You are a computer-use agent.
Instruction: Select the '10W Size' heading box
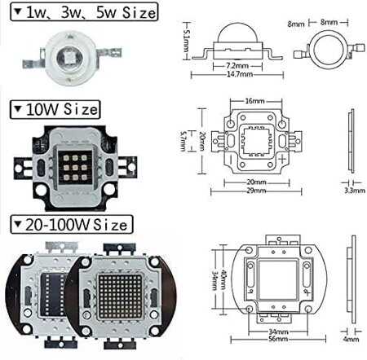(x=55, y=109)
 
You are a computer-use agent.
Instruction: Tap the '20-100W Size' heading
(x=72, y=225)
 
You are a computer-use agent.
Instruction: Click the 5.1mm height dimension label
(x=187, y=41)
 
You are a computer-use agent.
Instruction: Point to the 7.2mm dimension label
(x=237, y=66)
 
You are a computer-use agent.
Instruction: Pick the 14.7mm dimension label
(x=240, y=74)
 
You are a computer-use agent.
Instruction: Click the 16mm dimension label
(x=254, y=101)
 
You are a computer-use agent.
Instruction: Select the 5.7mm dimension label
(x=183, y=141)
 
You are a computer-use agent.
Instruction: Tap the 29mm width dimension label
(x=256, y=191)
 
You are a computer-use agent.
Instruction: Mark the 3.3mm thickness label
(x=355, y=191)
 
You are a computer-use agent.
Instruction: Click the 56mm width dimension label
(x=278, y=339)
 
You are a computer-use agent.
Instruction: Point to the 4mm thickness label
(x=351, y=339)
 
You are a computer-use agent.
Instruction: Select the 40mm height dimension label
(x=223, y=279)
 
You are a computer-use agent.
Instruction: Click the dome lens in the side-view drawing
(x=238, y=33)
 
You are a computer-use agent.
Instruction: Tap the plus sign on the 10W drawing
(x=283, y=158)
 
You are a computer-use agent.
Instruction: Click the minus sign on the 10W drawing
(x=230, y=159)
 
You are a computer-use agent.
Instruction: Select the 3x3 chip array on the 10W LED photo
(x=75, y=167)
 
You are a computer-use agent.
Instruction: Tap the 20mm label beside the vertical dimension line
(x=202, y=141)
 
